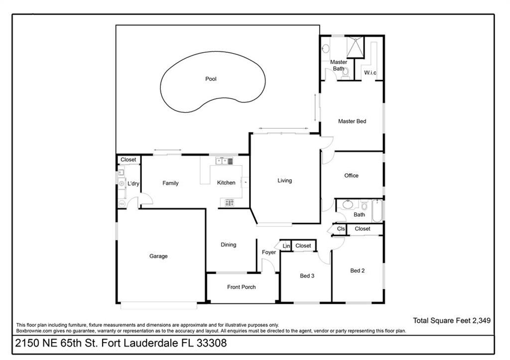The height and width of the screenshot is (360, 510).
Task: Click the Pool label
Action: click(x=211, y=79)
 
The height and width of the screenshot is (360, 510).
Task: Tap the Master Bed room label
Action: click(x=352, y=121)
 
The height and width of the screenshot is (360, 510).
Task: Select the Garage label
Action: click(x=158, y=256)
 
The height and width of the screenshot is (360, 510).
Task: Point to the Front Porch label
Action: click(x=242, y=287)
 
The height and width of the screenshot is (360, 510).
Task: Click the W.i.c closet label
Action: click(x=370, y=73)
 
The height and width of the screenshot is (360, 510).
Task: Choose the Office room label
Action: click(x=351, y=176)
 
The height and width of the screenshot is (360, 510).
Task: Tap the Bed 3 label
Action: click(x=307, y=276)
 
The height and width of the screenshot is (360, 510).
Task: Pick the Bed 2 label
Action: click(x=358, y=270)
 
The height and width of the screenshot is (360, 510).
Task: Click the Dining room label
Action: click(x=228, y=245)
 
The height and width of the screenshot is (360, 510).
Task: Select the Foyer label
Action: click(x=268, y=252)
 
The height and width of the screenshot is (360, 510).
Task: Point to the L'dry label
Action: click(x=133, y=183)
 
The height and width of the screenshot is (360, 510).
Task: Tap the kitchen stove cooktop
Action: click(x=229, y=203)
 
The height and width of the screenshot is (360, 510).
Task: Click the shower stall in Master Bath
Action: click(x=355, y=47)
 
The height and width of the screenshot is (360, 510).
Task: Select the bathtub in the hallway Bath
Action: click(x=378, y=211)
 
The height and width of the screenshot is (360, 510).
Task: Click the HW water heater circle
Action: click(x=122, y=204)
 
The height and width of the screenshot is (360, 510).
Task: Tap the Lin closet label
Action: click(x=286, y=246)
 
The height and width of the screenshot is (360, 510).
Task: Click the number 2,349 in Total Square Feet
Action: click(x=482, y=320)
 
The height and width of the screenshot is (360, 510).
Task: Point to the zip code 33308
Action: click(x=211, y=343)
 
